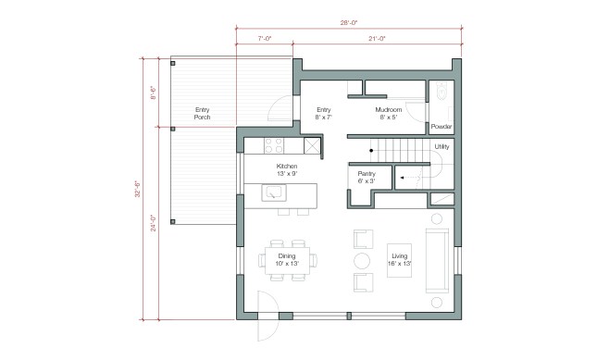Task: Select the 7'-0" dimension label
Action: tap(264, 39)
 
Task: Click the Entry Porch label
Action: tap(202, 114)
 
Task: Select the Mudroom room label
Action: tap(388, 114)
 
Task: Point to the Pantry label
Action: tap(366, 177)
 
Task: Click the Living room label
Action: tap(401, 260)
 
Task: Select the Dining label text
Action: tap(287, 260)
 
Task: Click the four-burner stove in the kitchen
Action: tap(274, 144)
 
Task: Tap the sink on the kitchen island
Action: tap(274, 192)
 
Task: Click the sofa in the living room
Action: tap(436, 259)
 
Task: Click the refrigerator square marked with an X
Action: tap(313, 145)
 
